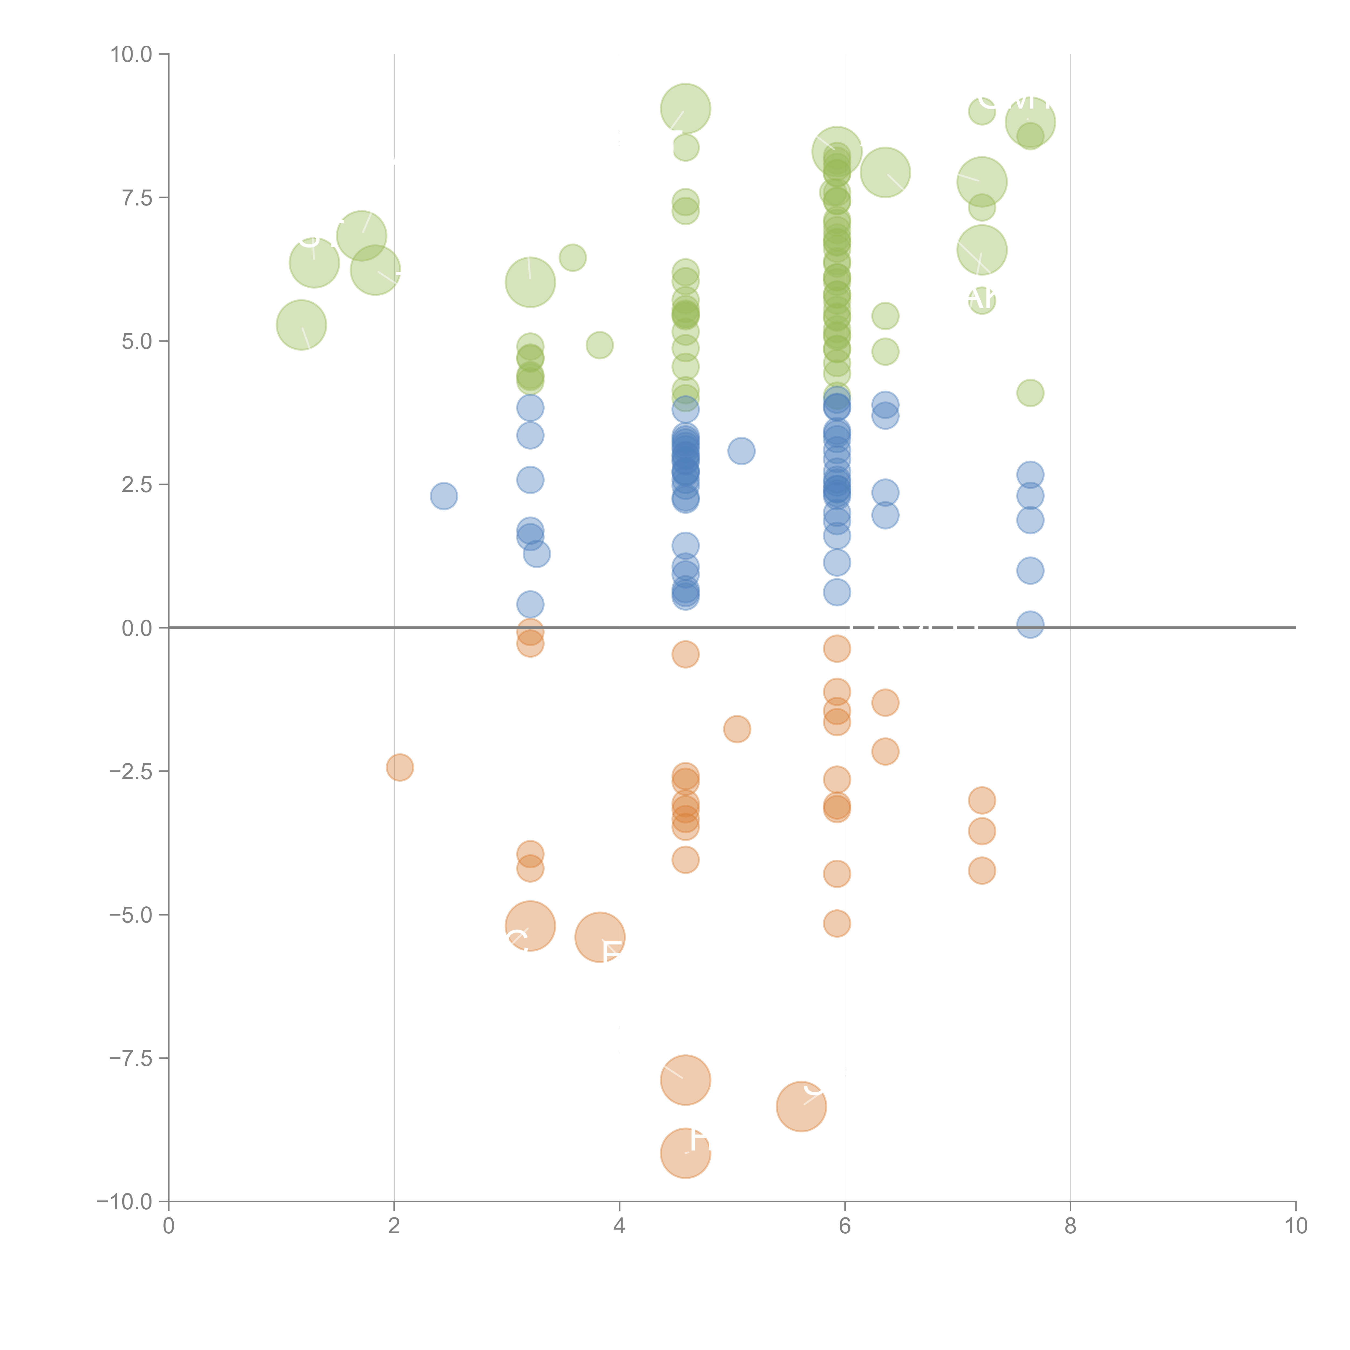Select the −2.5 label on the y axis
[x=131, y=771]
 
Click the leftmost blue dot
[x=444, y=496]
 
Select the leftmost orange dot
[x=400, y=767]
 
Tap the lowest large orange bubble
[x=686, y=1153]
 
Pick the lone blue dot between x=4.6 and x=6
[x=741, y=451]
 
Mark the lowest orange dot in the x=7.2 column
[x=982, y=871]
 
